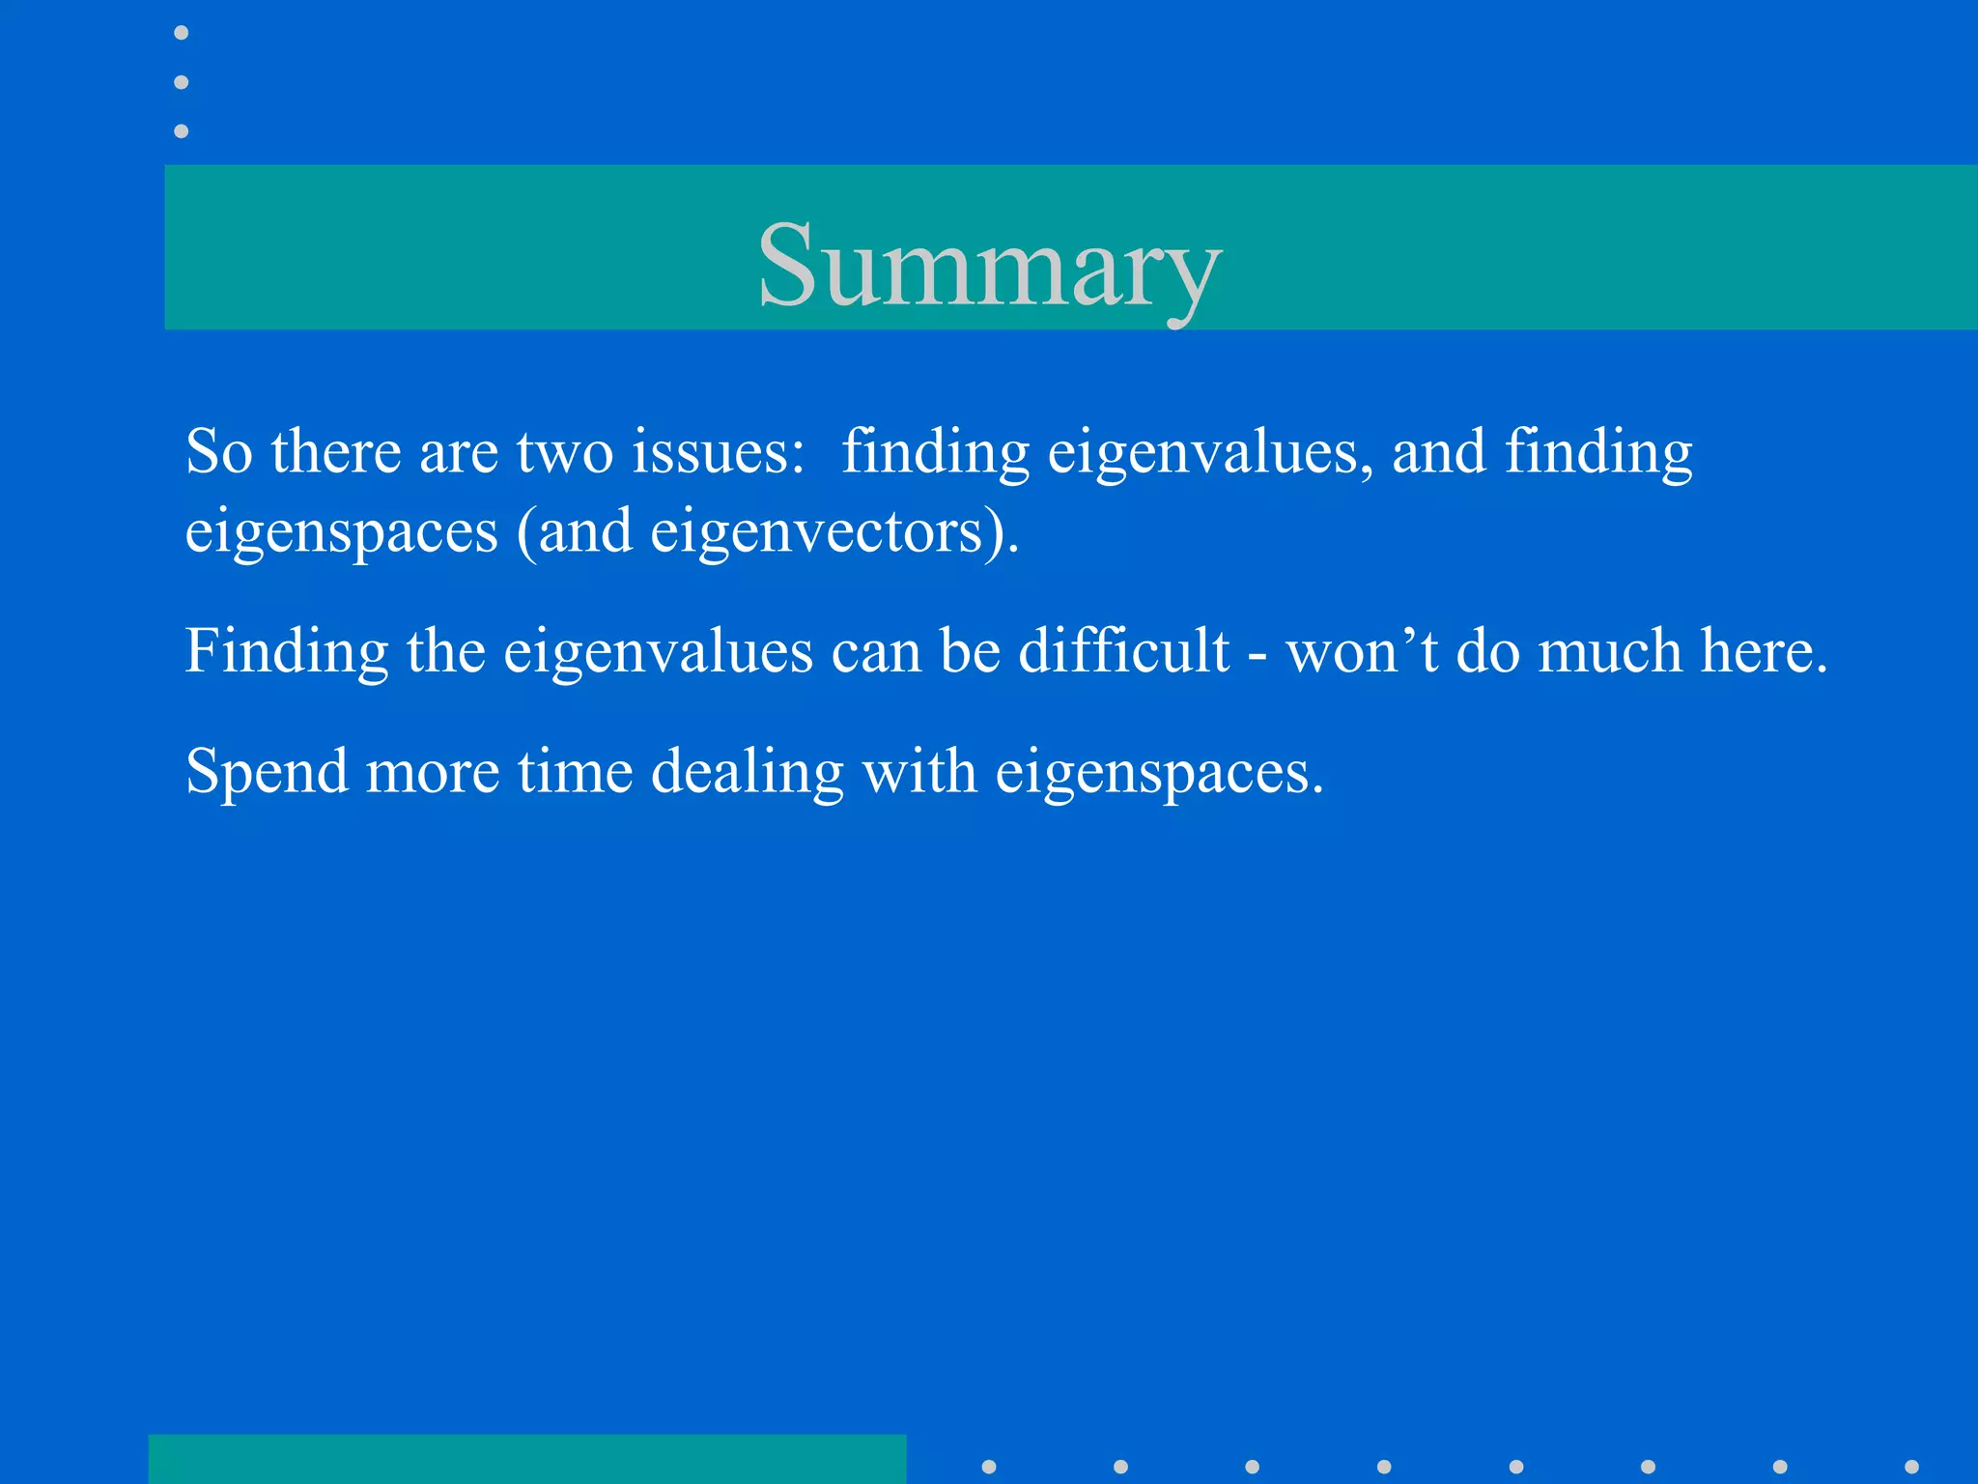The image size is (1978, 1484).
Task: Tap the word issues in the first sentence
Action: point(718,452)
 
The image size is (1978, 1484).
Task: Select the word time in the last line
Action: point(575,772)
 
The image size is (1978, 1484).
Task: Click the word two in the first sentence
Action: point(564,452)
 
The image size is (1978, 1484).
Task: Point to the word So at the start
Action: point(219,452)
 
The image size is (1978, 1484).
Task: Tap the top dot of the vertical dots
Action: point(182,33)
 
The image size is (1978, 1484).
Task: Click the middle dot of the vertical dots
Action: point(182,82)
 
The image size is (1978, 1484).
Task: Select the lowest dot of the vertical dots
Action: point(182,130)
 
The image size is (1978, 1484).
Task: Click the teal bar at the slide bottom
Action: point(527,1459)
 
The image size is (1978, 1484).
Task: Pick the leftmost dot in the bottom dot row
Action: point(989,1467)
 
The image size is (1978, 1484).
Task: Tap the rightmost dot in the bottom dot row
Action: point(1911,1467)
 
